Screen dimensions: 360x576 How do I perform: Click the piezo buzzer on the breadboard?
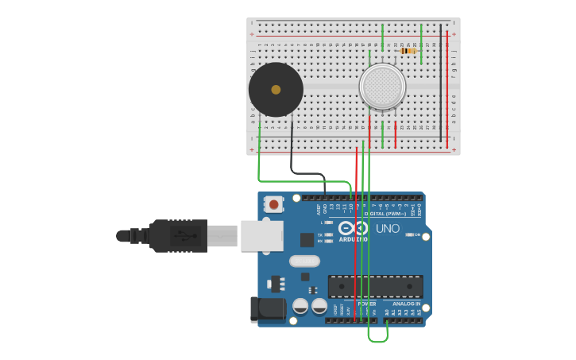(x=275, y=90)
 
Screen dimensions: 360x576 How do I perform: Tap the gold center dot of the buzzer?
(x=276, y=90)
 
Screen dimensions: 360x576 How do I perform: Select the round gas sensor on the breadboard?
(x=382, y=86)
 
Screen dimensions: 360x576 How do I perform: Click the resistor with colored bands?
(x=408, y=51)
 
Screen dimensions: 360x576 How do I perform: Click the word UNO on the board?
(x=388, y=229)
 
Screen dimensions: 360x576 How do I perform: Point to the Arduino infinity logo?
(x=354, y=228)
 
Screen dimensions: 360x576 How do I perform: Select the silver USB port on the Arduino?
(x=261, y=236)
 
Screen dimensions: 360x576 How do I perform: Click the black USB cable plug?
(x=179, y=236)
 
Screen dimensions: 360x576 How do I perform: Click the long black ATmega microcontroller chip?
(x=375, y=286)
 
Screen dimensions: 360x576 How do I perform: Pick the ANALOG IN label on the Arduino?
(x=406, y=304)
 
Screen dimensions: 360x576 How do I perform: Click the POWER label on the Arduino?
(x=367, y=304)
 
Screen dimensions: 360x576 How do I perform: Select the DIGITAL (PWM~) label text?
(x=384, y=213)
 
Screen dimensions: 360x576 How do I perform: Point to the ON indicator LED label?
(x=417, y=234)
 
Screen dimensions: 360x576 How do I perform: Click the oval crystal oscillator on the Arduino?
(x=304, y=261)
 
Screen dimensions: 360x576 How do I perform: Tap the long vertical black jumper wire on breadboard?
(x=441, y=83)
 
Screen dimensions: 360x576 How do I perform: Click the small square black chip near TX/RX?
(x=307, y=239)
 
